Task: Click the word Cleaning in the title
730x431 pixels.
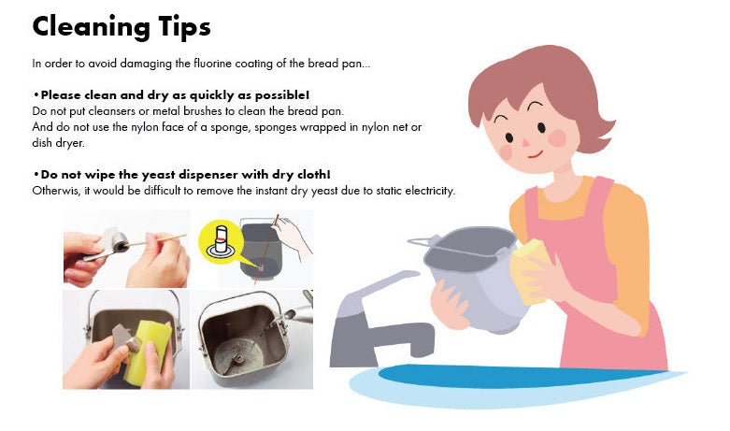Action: [x=91, y=27]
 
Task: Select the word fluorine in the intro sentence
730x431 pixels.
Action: [x=212, y=64]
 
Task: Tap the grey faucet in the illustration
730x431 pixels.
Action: [x=372, y=322]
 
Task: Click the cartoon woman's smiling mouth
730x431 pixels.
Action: [x=536, y=154]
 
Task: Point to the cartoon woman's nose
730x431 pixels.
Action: [x=524, y=141]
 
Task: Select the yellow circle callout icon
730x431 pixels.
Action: [x=221, y=242]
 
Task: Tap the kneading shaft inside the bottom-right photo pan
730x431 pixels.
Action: [x=238, y=359]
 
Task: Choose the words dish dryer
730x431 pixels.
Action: [x=58, y=143]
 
